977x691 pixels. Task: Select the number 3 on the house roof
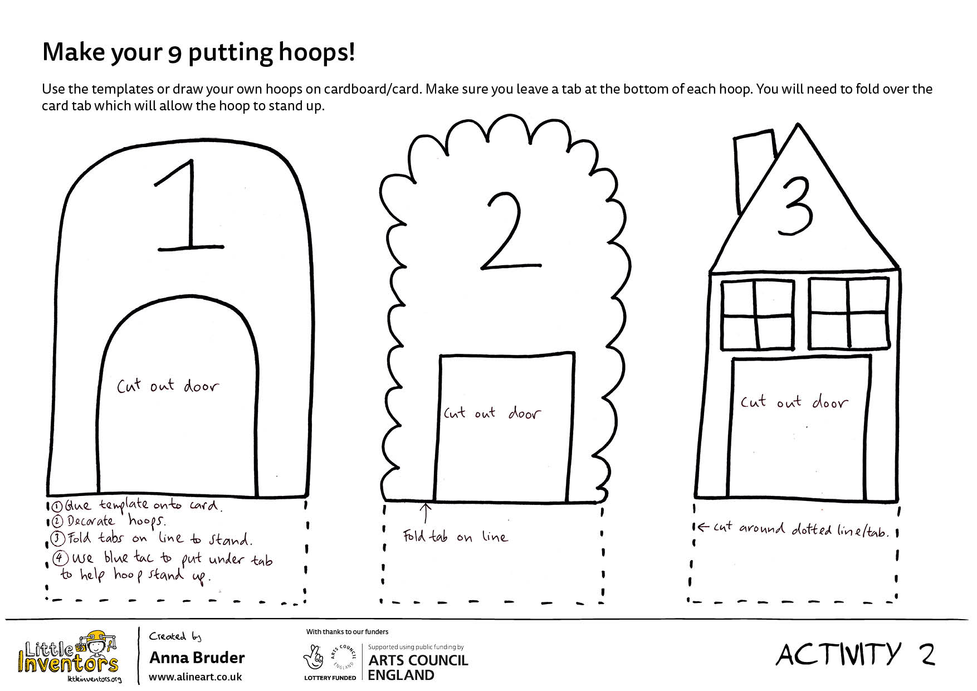[795, 206]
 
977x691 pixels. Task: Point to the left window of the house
[758, 315]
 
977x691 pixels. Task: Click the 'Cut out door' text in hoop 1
[168, 385]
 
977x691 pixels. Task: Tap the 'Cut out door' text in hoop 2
[492, 413]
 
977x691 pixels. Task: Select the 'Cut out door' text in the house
[794, 401]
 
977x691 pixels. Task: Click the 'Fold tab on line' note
[455, 536]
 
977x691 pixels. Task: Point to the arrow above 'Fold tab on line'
[426, 513]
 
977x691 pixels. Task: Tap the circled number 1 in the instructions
[57, 507]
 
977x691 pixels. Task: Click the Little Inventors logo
[69, 656]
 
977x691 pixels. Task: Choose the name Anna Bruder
[197, 658]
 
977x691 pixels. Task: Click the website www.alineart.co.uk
[195, 677]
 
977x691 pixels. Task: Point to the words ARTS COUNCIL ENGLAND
[418, 668]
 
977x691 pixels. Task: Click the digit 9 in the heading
[175, 53]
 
